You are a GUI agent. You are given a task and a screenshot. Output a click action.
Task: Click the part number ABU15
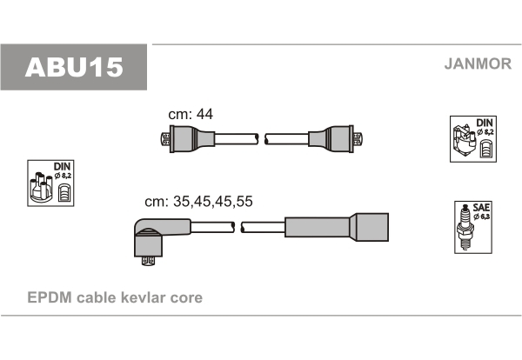(74, 68)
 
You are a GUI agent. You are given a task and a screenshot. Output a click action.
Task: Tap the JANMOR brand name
(478, 63)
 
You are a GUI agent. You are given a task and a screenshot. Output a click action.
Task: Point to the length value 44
(204, 114)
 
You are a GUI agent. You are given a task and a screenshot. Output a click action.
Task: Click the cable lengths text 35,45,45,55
(213, 201)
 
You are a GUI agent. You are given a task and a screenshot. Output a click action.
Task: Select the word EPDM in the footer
(50, 297)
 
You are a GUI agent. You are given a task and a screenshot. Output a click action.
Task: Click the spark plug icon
(465, 227)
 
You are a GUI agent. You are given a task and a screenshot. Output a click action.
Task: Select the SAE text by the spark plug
(481, 207)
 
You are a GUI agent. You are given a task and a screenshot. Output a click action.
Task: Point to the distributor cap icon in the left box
(41, 187)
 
